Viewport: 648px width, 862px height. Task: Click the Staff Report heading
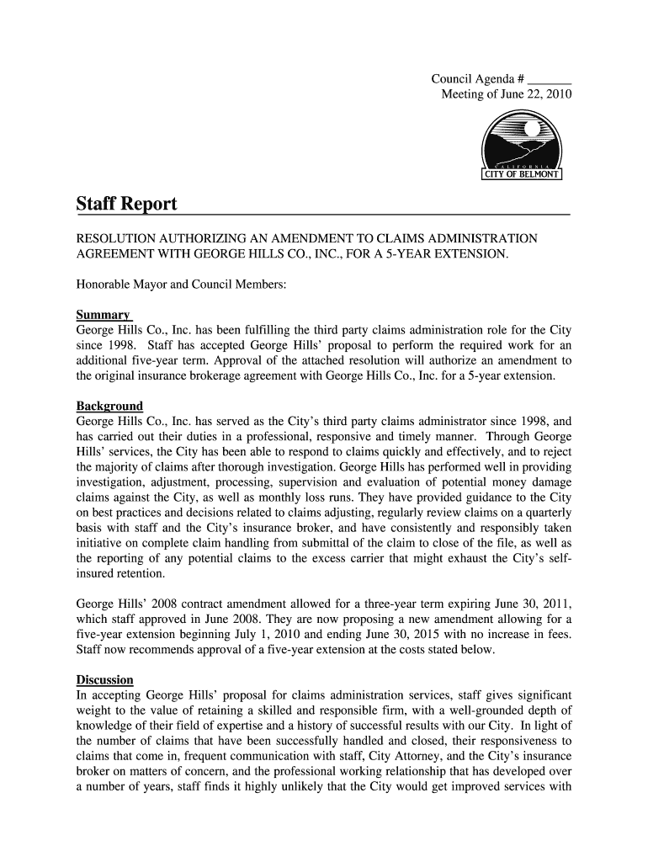pyautogui.click(x=126, y=205)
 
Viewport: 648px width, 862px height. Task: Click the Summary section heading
pyautogui.click(x=103, y=313)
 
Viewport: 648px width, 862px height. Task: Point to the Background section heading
pyautogui.click(x=109, y=406)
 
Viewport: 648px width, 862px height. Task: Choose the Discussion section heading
pyautogui.click(x=104, y=679)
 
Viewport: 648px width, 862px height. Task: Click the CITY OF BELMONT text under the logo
pyautogui.click(x=521, y=175)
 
